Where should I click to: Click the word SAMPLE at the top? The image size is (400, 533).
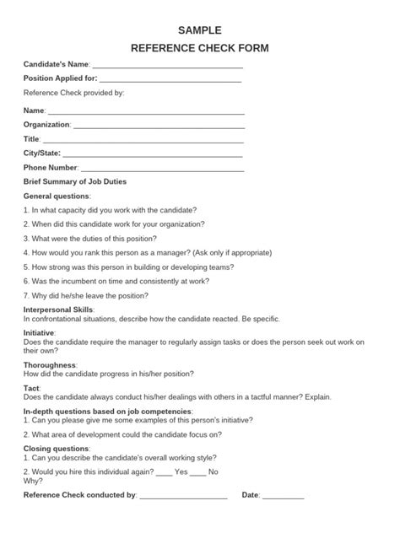pyautogui.click(x=200, y=30)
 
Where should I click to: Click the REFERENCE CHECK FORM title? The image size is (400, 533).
pyautogui.click(x=200, y=49)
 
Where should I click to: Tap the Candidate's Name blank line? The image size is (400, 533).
pyautogui.click(x=167, y=66)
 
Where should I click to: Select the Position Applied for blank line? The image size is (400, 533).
pyautogui.click(x=170, y=80)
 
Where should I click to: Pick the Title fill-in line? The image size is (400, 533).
pyautogui.click(x=143, y=140)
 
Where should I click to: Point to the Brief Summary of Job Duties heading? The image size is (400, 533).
pyautogui.click(x=75, y=182)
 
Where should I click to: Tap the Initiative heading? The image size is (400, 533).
pyautogui.click(x=39, y=333)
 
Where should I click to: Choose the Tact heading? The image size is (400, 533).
pyautogui.click(x=31, y=388)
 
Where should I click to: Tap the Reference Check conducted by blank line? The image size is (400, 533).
pyautogui.click(x=183, y=497)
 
